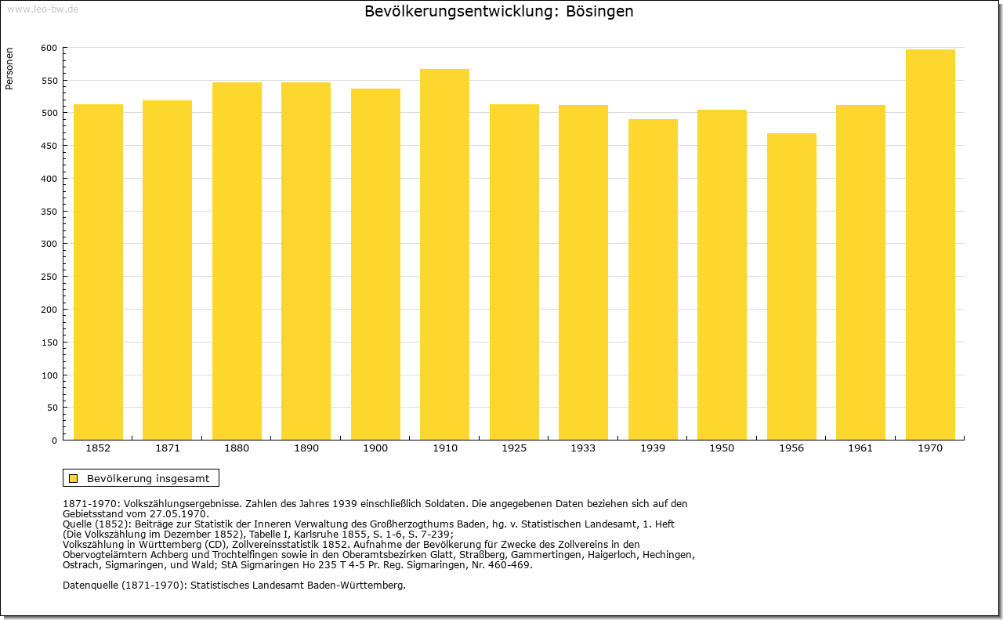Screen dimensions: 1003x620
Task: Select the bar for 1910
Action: (x=444, y=255)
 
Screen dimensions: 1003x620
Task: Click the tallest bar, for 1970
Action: (x=930, y=245)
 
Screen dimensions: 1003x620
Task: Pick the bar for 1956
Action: (x=791, y=287)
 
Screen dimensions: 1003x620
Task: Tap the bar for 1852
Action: (x=98, y=272)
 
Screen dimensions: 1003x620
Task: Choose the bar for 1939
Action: (x=653, y=280)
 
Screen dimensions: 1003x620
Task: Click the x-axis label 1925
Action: (x=514, y=448)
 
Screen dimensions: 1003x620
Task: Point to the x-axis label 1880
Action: (x=237, y=448)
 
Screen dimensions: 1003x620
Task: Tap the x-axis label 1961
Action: (x=860, y=448)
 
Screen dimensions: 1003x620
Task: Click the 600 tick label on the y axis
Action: (x=49, y=48)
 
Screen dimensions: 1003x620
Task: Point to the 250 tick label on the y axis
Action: (x=49, y=277)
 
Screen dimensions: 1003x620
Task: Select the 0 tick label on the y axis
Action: (x=54, y=441)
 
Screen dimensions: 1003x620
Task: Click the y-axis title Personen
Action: (x=9, y=68)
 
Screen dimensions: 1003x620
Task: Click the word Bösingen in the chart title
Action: (x=599, y=11)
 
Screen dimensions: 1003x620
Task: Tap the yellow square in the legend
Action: (x=74, y=478)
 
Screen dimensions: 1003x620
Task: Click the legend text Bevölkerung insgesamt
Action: (x=148, y=478)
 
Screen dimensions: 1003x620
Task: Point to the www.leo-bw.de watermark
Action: (x=42, y=9)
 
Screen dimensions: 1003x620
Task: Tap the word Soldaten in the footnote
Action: (x=444, y=503)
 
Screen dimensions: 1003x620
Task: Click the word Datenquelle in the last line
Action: (x=90, y=586)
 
